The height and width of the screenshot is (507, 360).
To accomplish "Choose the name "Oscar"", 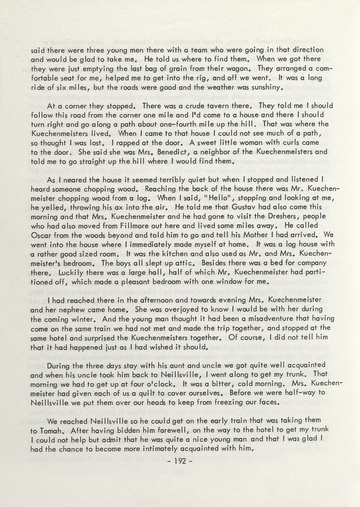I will (41, 235).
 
